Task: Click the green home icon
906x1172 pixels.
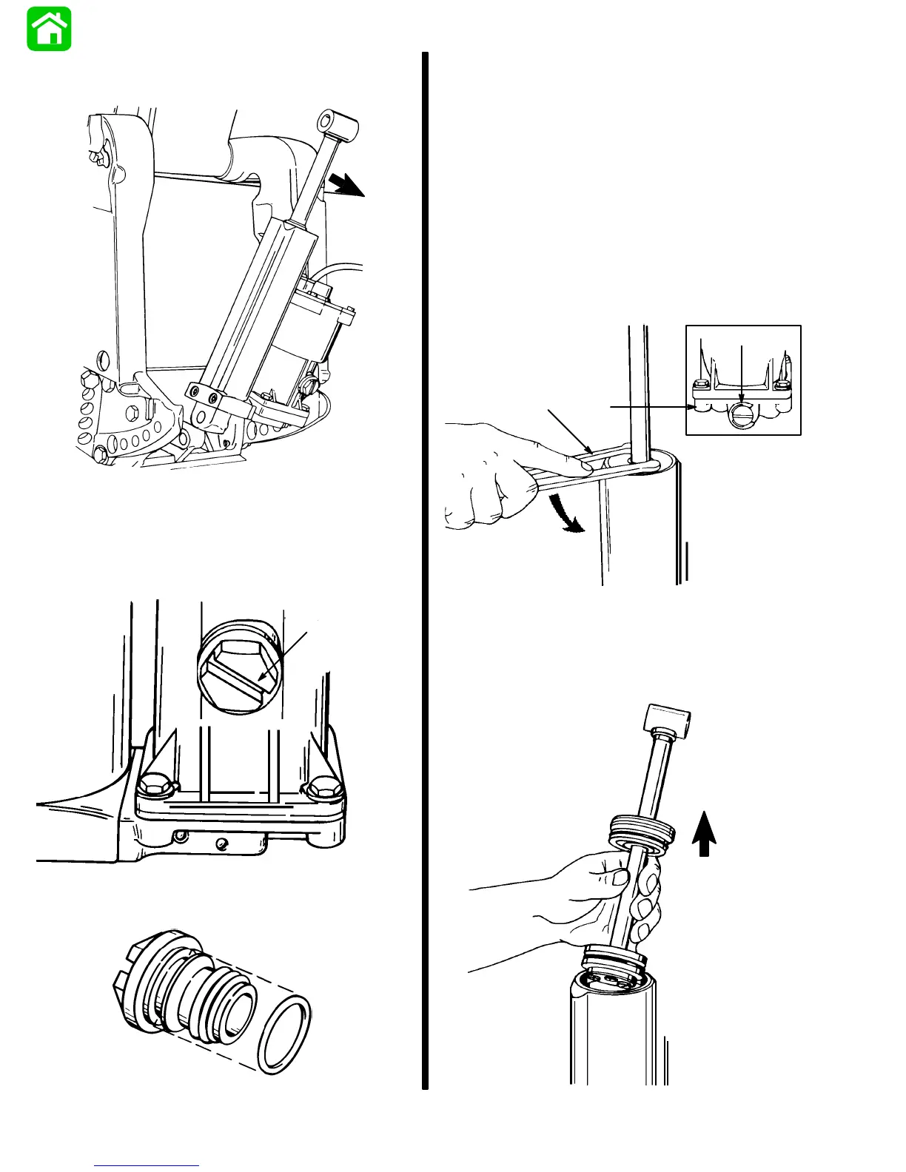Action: [49, 29]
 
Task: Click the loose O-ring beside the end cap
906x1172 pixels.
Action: [284, 1033]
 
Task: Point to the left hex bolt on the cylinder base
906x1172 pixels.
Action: [153, 789]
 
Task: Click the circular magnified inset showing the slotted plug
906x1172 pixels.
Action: [238, 666]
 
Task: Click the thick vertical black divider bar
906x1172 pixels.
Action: [426, 570]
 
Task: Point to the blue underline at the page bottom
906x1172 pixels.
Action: [147, 1166]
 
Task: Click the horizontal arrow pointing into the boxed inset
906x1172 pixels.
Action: [651, 406]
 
